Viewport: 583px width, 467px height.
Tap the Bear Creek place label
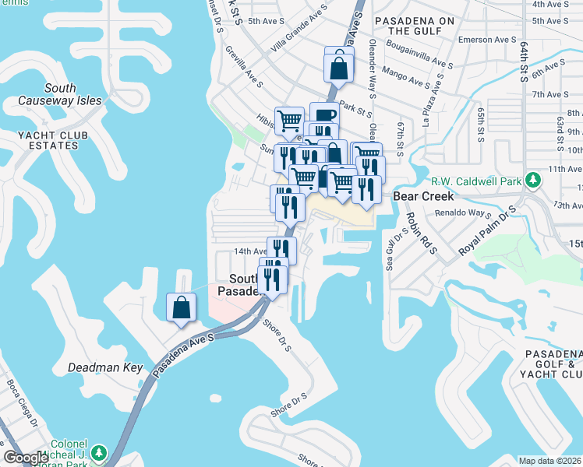click(422, 196)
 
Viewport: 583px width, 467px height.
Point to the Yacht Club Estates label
click(54, 142)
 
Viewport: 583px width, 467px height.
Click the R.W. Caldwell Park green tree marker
click(533, 181)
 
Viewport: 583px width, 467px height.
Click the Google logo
click(26, 458)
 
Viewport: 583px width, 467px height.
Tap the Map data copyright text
click(549, 461)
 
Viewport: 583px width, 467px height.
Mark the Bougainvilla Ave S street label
click(419, 60)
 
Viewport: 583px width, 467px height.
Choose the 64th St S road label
click(524, 61)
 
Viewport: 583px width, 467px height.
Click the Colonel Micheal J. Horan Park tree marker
click(99, 452)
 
